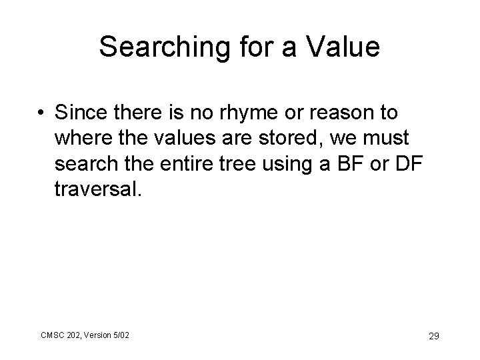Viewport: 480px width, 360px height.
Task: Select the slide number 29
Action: tap(433, 336)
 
